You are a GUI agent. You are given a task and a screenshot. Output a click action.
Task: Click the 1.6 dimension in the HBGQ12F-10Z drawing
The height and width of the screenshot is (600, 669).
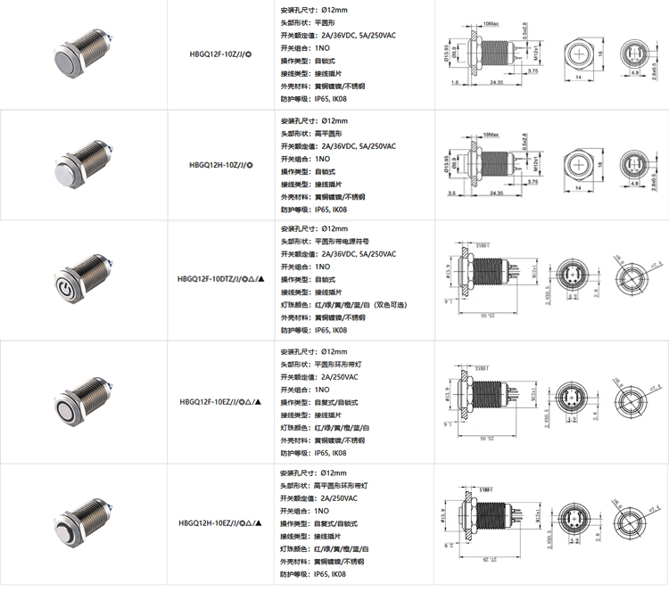(455, 81)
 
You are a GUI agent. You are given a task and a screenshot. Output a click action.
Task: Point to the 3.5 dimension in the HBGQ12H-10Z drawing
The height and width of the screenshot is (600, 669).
(452, 193)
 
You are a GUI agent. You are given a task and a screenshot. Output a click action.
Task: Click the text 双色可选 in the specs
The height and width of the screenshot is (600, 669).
(389, 305)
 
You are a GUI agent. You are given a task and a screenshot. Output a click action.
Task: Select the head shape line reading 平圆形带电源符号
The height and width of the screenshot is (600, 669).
(337, 241)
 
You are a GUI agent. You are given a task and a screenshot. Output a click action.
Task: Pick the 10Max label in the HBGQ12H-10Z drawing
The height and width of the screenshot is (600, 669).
(490, 134)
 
